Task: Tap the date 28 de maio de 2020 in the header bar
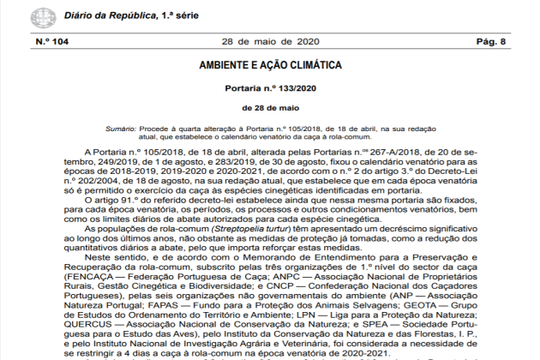270,41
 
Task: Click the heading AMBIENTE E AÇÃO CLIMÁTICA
270,65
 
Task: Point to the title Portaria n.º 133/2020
270,88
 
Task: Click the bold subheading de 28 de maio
270,109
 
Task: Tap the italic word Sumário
124,128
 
